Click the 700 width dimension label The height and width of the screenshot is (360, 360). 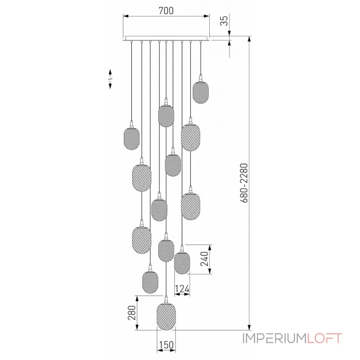[166, 10]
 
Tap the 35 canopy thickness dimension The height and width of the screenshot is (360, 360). [224, 21]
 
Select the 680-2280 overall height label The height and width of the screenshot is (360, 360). [244, 183]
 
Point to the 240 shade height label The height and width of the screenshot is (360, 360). [205, 259]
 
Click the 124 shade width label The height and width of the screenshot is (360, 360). [182, 289]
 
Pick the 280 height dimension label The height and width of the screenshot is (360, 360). [131, 312]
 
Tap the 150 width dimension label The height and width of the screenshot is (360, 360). [166, 345]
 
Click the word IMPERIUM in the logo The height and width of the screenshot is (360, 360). [274, 338]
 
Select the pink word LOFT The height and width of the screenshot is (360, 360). [324, 338]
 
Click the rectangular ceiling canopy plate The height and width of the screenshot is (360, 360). [166, 38]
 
